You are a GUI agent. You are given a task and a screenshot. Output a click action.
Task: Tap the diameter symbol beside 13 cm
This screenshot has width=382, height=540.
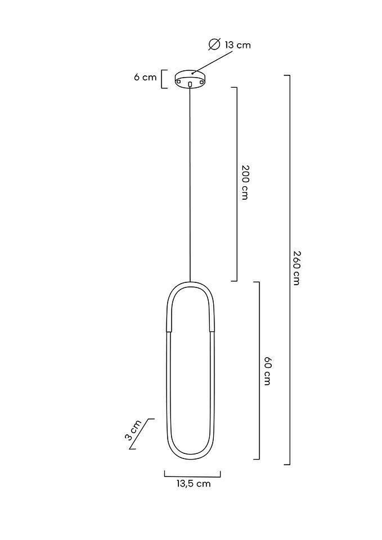[214, 44]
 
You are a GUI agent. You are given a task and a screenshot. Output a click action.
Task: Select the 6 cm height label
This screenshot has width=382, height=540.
[145, 77]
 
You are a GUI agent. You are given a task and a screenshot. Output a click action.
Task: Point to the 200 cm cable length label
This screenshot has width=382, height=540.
[245, 182]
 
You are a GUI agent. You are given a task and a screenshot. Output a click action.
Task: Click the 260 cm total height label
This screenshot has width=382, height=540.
[297, 268]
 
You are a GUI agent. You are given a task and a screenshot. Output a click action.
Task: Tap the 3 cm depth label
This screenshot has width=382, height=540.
[133, 430]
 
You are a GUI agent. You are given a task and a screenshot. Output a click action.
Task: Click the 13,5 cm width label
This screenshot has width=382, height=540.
[194, 484]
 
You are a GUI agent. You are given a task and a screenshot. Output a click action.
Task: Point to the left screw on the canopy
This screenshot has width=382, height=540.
[178, 81]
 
